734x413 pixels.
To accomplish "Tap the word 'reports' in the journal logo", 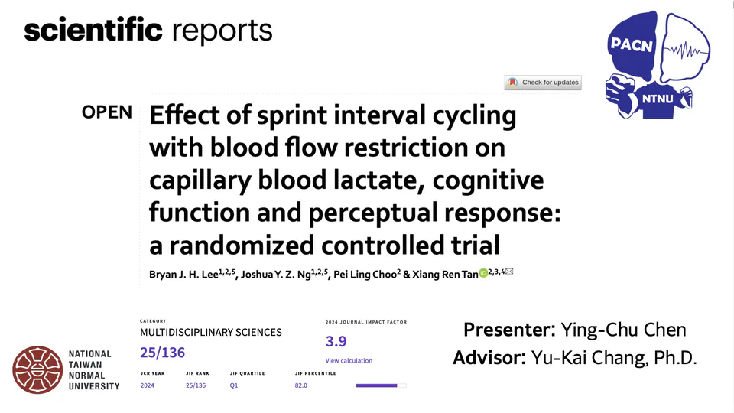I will click(222, 31).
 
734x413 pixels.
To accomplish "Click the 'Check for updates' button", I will click(543, 83).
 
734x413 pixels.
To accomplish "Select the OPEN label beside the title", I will click(107, 112).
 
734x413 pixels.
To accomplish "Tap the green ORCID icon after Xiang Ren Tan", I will click(482, 273).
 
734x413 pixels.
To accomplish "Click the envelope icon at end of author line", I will click(509, 272).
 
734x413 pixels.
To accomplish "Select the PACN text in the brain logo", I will click(632, 45).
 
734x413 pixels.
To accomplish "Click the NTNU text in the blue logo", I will click(654, 99).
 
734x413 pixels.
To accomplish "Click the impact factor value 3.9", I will click(336, 342).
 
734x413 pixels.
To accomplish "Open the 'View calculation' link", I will click(349, 360).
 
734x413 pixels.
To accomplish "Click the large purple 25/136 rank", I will click(162, 353).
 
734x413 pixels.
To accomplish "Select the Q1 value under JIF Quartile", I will click(235, 385).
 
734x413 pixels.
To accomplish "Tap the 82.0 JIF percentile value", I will click(300, 385).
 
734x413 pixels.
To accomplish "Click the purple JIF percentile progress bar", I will click(377, 385).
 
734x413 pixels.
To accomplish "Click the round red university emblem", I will click(37, 370).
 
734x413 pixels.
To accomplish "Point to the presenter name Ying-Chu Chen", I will click(623, 330).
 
